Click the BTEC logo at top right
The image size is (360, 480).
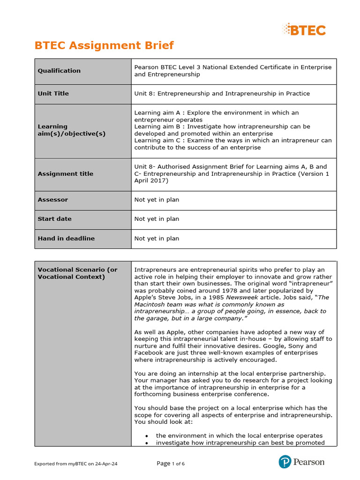point(304,30)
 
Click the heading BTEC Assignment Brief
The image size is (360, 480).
point(104,45)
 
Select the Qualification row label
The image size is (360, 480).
point(59,71)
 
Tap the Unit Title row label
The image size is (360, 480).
point(53,94)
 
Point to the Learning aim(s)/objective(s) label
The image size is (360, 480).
point(71,130)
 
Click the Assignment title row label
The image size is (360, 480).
point(65,174)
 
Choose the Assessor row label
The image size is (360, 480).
point(52,200)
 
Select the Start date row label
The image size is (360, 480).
point(54,219)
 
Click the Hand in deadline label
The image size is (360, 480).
point(66,239)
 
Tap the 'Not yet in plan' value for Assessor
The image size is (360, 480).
point(157,200)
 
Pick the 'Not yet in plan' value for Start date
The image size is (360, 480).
point(157,219)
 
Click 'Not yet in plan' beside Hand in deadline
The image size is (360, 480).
point(157,239)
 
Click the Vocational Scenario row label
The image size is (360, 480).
point(77,273)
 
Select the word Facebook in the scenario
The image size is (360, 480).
point(149,352)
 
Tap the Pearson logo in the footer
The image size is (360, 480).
point(301,462)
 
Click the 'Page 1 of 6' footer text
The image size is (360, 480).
point(171,464)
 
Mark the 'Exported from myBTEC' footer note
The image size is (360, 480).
point(75,464)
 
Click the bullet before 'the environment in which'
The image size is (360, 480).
point(147,436)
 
